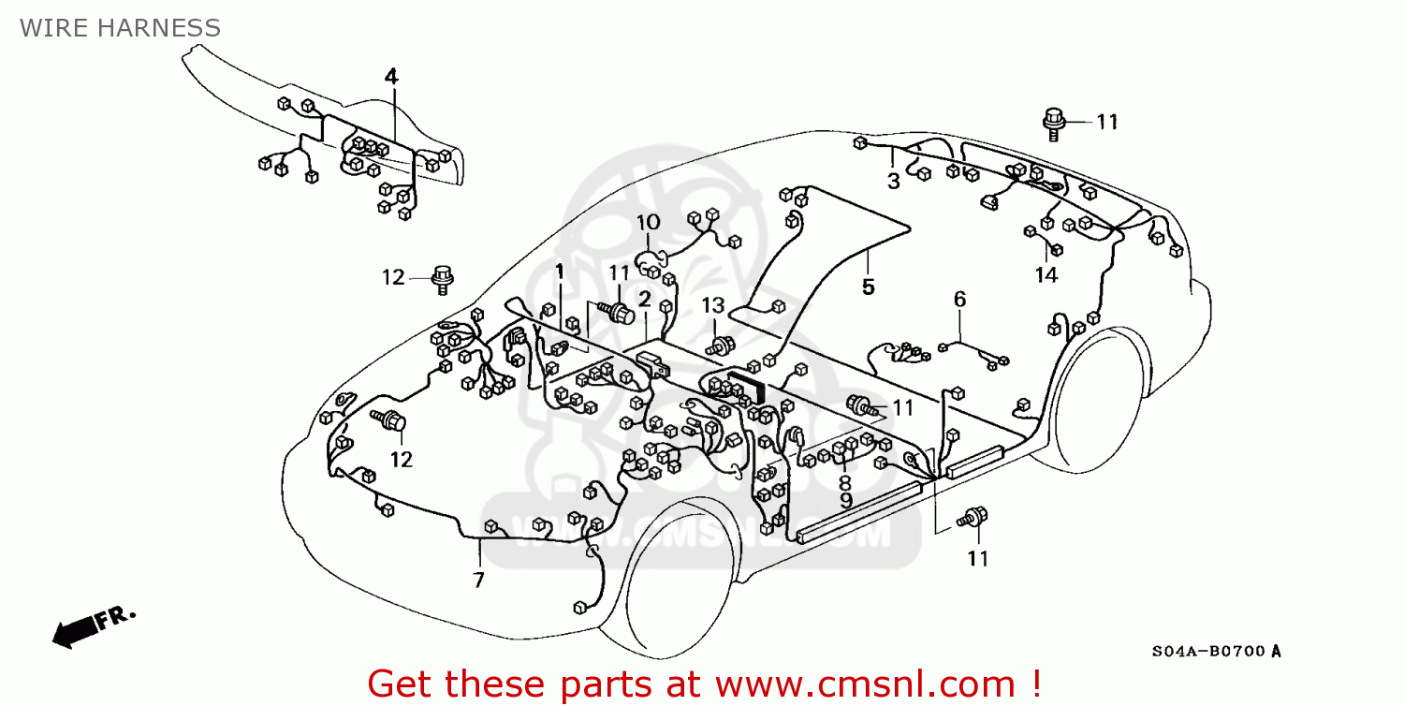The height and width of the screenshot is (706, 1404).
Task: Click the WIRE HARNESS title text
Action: pyautogui.click(x=120, y=28)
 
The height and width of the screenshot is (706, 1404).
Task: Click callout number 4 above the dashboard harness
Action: pyautogui.click(x=391, y=76)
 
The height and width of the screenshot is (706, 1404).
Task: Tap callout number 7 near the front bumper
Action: pyautogui.click(x=478, y=581)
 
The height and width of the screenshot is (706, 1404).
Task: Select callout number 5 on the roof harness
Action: pyautogui.click(x=868, y=287)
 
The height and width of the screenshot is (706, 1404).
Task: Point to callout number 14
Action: pyautogui.click(x=1046, y=274)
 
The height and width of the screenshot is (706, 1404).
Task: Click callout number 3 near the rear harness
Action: pyautogui.click(x=893, y=182)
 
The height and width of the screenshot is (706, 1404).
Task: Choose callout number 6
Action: pyautogui.click(x=959, y=300)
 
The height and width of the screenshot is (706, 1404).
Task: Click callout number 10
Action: pyautogui.click(x=649, y=223)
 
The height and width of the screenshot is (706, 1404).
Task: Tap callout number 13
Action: pyautogui.click(x=713, y=305)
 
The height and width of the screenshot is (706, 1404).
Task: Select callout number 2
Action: pyautogui.click(x=644, y=300)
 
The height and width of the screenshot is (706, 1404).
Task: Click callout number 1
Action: pyautogui.click(x=559, y=272)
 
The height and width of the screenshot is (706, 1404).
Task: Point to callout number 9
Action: pyautogui.click(x=844, y=502)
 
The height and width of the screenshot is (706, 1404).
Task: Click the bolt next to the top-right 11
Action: pyautogui.click(x=1055, y=122)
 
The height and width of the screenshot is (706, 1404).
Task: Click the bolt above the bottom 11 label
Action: pyautogui.click(x=973, y=518)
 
